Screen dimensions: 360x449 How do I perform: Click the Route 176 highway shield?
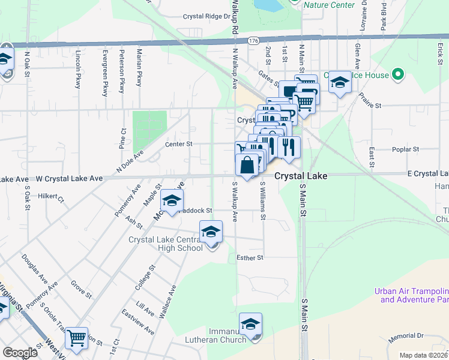253,41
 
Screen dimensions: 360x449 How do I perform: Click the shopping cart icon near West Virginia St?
77,338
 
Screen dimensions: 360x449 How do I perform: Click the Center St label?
179,144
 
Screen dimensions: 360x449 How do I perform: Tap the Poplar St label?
406,149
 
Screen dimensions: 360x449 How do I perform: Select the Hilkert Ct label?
51,196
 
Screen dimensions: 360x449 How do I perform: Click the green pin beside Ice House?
397,75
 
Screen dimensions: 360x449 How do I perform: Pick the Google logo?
20,352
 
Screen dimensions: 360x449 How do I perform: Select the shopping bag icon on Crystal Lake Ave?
247,164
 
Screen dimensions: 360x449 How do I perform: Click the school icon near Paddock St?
172,202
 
